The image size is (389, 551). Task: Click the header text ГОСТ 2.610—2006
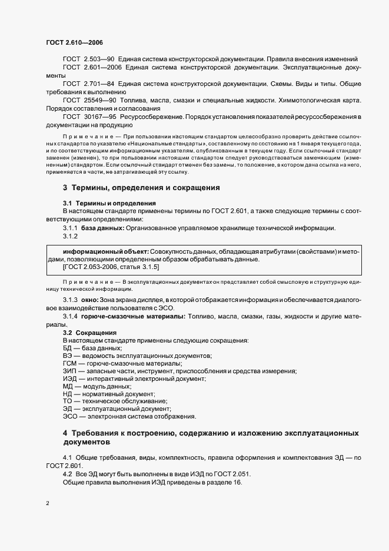coord(69,42)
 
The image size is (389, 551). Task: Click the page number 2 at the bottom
coord(48,503)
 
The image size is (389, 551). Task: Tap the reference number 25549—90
coord(101,101)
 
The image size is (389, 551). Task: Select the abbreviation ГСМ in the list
coord(70,364)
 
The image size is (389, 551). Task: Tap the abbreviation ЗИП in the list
coord(70,372)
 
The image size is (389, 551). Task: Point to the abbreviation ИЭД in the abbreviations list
coord(70,380)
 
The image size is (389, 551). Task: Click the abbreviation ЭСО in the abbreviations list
coord(71,417)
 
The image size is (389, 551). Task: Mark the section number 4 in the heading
coord(66,433)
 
